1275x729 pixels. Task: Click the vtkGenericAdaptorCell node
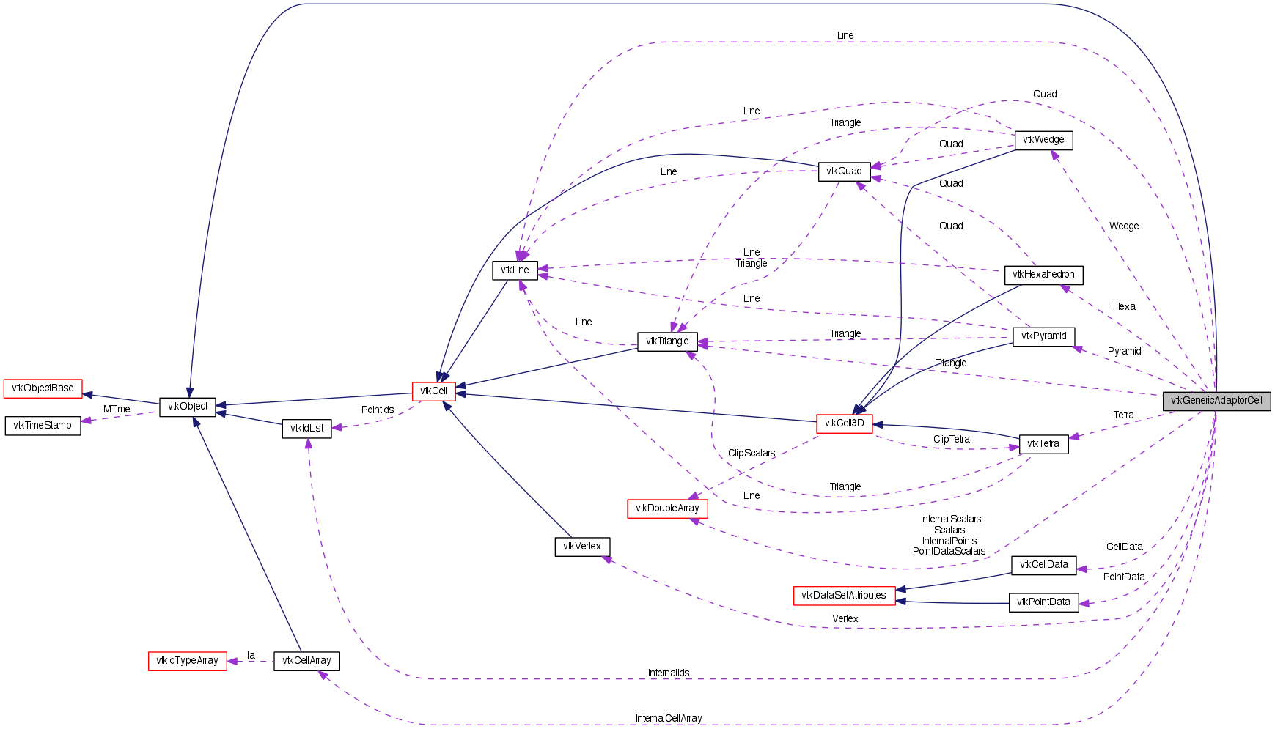(x=1216, y=401)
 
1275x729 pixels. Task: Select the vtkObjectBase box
(x=43, y=388)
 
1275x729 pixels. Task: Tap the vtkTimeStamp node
(x=43, y=426)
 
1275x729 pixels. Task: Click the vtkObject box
(x=188, y=407)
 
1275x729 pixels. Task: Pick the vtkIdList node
(x=306, y=429)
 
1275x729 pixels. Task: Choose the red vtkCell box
(x=433, y=391)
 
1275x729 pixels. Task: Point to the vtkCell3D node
(x=844, y=423)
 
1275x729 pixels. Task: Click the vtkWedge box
(x=1043, y=140)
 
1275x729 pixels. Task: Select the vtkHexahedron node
(x=1043, y=275)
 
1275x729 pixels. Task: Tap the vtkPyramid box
(x=1043, y=336)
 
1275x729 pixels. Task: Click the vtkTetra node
(x=1043, y=444)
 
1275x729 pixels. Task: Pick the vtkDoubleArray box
(x=667, y=508)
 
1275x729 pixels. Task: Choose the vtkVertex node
(x=582, y=547)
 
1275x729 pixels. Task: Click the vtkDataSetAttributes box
(x=844, y=596)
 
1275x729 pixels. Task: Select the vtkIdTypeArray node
(x=187, y=661)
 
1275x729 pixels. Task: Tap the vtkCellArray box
(x=306, y=661)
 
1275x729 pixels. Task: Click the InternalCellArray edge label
(x=669, y=719)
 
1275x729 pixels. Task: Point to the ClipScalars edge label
(x=752, y=454)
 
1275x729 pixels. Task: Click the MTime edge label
(x=117, y=410)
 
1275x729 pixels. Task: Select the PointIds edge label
(x=378, y=410)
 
